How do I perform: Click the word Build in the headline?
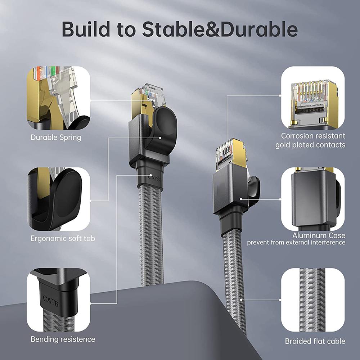pyautogui.click(x=86, y=29)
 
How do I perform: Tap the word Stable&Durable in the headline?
pyautogui.click(x=220, y=29)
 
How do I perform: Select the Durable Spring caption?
pyautogui.click(x=56, y=138)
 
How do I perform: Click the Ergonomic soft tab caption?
pyautogui.click(x=63, y=238)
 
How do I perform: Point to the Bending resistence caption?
pyautogui.click(x=63, y=339)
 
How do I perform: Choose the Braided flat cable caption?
pyautogui.click(x=315, y=341)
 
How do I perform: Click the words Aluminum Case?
pyautogui.click(x=319, y=235)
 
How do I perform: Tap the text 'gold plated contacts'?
pyautogui.click(x=310, y=145)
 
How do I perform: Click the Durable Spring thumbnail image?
pyautogui.click(x=59, y=98)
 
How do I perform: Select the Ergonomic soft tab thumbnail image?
pyautogui.click(x=59, y=199)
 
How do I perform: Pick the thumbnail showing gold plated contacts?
pyautogui.click(x=313, y=98)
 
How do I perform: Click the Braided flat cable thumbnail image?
pyautogui.click(x=313, y=300)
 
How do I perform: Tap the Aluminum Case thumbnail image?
pyautogui.click(x=313, y=199)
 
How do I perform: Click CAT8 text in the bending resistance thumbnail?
pyautogui.click(x=51, y=301)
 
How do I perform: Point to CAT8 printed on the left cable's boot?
pyautogui.click(x=154, y=177)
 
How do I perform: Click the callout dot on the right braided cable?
pyautogui.click(x=241, y=300)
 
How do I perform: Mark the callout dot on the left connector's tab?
pyautogui.click(x=160, y=138)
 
